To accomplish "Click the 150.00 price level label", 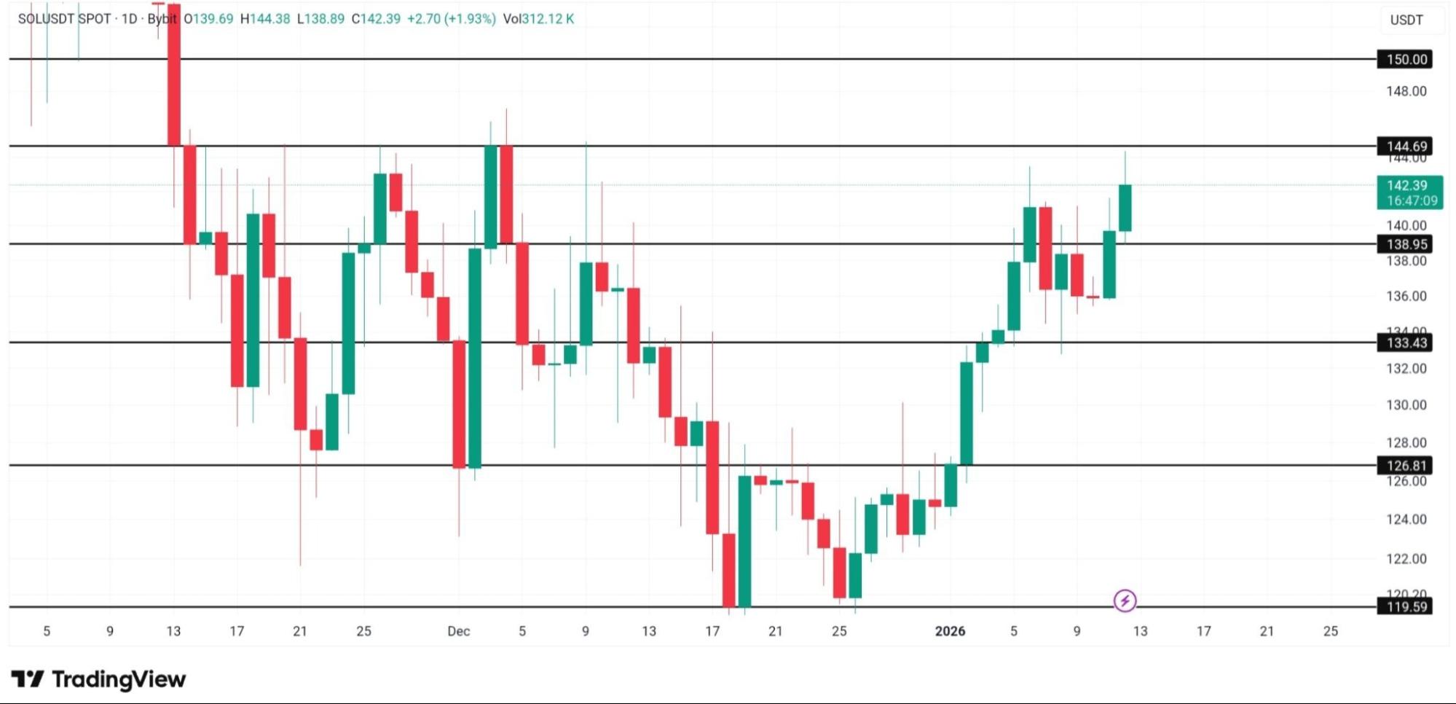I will coord(1404,59).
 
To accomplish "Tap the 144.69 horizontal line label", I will coord(1404,146).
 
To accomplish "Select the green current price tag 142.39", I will coord(1409,192).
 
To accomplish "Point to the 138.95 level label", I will coord(1404,244).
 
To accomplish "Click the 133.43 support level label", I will coord(1404,343).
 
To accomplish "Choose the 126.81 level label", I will coord(1404,465).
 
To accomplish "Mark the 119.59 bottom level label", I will coord(1404,606).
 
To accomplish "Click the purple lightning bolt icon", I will coord(1125,601).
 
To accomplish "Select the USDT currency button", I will coord(1406,20).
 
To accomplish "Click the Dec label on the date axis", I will coord(458,631).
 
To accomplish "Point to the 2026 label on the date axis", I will coord(950,631).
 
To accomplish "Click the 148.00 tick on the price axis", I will coord(1406,91).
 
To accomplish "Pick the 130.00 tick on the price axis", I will coord(1406,405).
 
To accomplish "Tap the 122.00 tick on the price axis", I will coord(1406,559).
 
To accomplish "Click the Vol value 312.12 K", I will coord(547,19).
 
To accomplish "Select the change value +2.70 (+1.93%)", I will coord(451,19).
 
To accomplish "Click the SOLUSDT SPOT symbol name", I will coord(64,19).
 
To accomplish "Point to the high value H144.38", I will coord(265,19).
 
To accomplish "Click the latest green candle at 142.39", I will coord(1125,208).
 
